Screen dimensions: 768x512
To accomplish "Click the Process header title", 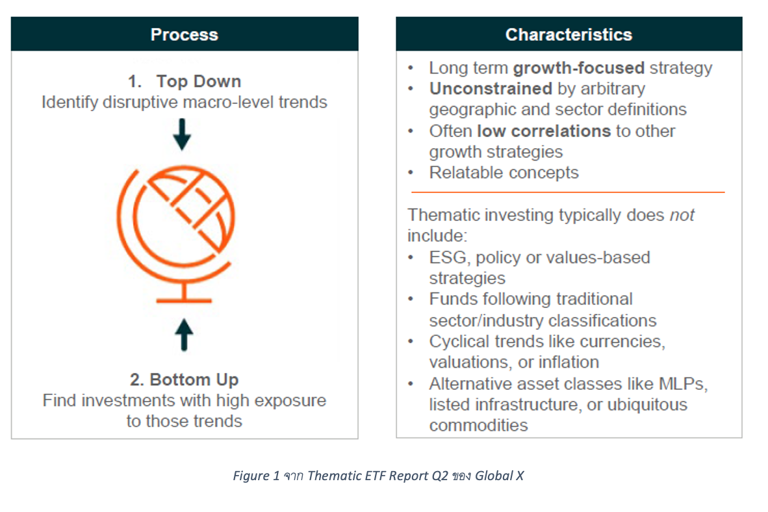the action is coord(184,34).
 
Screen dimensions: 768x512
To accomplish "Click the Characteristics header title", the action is coord(569,34).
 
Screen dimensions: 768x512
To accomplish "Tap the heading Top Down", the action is coord(198,81).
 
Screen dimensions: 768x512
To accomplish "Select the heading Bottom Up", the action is coord(194,379).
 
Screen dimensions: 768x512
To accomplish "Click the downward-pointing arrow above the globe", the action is coord(182,134).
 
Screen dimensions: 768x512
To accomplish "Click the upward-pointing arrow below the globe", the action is coord(184,335).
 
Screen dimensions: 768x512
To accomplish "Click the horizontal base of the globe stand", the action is coord(184,300).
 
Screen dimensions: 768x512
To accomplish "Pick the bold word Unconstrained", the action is coord(491,88).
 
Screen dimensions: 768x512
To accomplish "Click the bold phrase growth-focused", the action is coord(578,68).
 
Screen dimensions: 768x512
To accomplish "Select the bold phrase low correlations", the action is coord(544,131).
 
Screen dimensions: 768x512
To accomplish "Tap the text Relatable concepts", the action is coord(504,172).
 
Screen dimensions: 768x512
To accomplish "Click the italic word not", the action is coord(682,215).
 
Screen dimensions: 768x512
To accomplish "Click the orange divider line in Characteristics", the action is coord(568,192).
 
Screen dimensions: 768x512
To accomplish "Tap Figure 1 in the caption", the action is coord(256,476).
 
